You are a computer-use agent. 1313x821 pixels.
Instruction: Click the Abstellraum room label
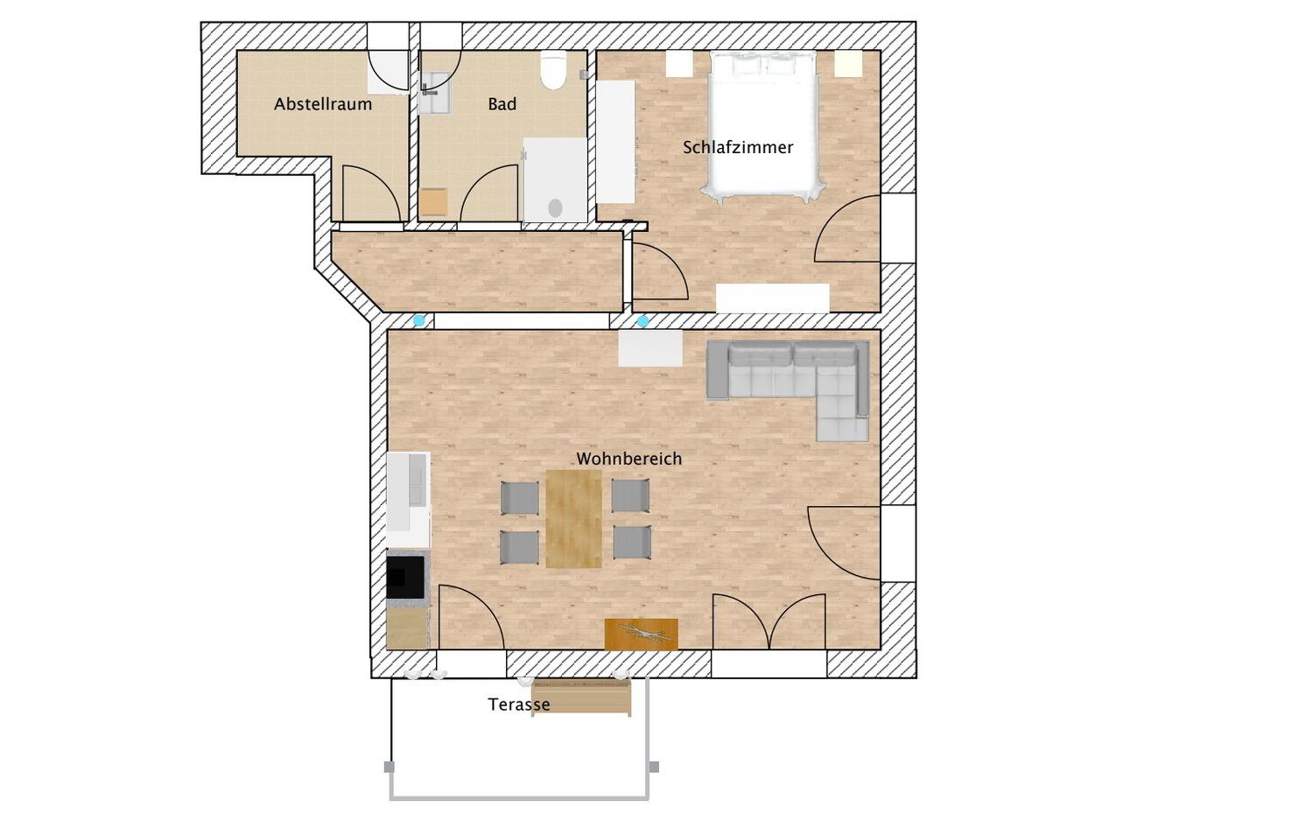(x=323, y=104)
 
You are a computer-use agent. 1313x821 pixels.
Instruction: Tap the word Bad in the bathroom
(x=502, y=104)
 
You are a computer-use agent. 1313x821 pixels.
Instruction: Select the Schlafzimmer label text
(x=738, y=148)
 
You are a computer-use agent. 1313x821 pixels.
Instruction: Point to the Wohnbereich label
(x=629, y=459)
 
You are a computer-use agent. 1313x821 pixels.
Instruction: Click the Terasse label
(x=519, y=705)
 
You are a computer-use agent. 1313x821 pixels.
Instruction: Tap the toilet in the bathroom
(x=552, y=70)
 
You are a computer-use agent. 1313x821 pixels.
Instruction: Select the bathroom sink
(x=435, y=93)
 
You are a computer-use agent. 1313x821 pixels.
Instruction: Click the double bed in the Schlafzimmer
(x=763, y=125)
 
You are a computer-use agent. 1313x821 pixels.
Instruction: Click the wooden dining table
(x=574, y=519)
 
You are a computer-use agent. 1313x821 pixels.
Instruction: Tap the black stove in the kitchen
(x=405, y=577)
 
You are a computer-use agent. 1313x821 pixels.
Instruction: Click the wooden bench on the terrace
(x=581, y=697)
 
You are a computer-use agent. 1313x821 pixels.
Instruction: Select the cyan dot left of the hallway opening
(x=419, y=320)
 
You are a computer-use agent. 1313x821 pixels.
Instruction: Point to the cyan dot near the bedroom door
(x=643, y=321)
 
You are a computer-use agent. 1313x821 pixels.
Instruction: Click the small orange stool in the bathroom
(x=434, y=202)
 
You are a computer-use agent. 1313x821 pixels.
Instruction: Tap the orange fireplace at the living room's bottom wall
(x=642, y=634)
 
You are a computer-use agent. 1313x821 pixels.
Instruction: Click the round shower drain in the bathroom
(x=555, y=207)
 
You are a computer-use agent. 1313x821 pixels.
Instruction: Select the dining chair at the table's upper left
(x=519, y=498)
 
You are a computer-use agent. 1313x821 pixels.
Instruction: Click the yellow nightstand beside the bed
(x=848, y=63)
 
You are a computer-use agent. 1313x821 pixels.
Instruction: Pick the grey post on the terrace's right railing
(x=654, y=767)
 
